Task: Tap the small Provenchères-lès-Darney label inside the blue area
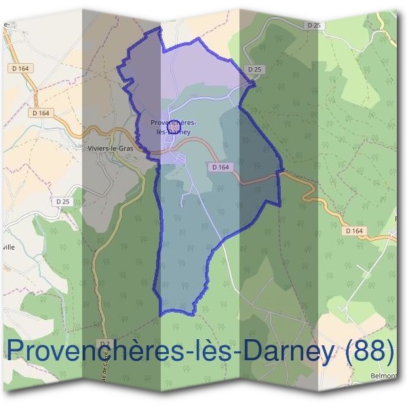tap(174, 127)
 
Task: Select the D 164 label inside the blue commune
tap(222, 167)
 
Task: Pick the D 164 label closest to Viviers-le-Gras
tap(41, 113)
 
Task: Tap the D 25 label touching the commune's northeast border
tap(254, 69)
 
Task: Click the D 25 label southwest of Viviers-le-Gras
tap(63, 201)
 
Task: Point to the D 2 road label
tap(103, 343)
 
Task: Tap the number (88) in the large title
tap(370, 351)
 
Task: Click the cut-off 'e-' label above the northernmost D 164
tap(7, 24)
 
